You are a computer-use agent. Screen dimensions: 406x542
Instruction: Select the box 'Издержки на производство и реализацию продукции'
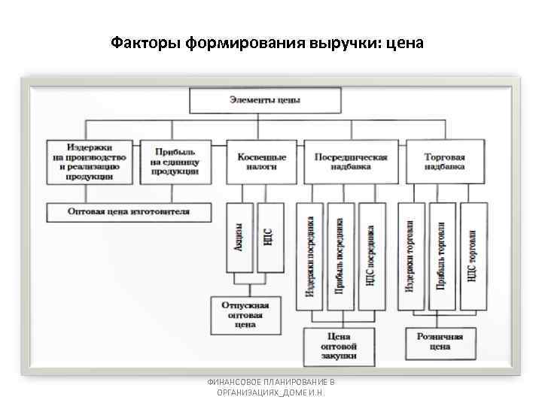click(90, 162)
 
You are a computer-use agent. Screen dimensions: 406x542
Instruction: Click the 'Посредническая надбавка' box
click(350, 162)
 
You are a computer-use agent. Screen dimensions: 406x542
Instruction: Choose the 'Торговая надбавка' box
click(444, 162)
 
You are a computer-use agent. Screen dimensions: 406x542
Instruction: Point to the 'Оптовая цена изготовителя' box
click(129, 212)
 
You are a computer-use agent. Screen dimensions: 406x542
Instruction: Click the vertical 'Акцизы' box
click(239, 238)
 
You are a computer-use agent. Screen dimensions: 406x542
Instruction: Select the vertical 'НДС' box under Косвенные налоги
click(268, 238)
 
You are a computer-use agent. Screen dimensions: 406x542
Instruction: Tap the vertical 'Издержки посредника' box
click(309, 256)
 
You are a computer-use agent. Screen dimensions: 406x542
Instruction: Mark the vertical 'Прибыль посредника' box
click(340, 256)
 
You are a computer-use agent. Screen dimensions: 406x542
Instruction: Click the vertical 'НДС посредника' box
click(370, 256)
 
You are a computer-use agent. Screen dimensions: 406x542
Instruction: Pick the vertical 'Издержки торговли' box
click(410, 256)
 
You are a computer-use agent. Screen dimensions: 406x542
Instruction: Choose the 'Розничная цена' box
click(440, 341)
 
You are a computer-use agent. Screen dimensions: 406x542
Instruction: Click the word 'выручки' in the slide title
click(346, 42)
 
